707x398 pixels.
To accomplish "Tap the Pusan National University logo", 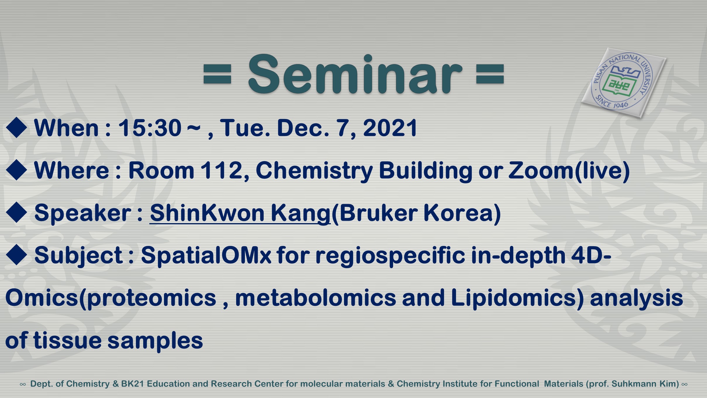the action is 624,83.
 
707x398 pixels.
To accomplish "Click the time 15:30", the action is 150,128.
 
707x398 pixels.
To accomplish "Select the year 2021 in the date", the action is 390,128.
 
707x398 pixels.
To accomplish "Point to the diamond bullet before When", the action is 16,128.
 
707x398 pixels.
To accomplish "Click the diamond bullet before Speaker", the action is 16,212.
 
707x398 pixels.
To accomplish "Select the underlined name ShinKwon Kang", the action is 240,213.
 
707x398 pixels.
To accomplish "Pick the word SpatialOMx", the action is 206,256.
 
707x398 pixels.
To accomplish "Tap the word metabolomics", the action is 315,298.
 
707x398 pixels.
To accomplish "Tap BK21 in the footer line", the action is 132,384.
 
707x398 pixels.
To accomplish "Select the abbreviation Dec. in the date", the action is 303,128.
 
